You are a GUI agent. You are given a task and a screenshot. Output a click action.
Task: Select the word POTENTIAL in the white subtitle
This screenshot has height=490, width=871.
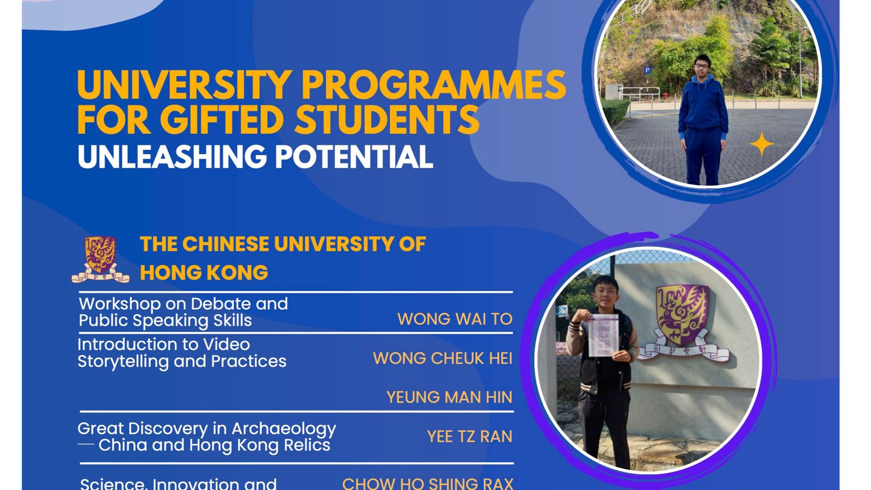pyautogui.click(x=353, y=157)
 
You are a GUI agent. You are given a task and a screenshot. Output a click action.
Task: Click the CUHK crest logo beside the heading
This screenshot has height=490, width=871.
pyautogui.click(x=101, y=259)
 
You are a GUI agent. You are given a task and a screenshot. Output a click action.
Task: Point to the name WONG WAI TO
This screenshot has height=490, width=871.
pyautogui.click(x=455, y=319)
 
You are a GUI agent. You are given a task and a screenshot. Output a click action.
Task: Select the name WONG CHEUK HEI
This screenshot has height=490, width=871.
pyautogui.click(x=443, y=358)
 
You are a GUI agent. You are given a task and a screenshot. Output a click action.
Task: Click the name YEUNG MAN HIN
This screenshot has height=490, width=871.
pyautogui.click(x=449, y=397)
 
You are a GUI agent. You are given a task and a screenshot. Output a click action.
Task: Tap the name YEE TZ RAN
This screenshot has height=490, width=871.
pyautogui.click(x=469, y=437)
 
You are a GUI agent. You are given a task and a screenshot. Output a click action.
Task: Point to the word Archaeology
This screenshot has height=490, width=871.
pyautogui.click(x=284, y=429)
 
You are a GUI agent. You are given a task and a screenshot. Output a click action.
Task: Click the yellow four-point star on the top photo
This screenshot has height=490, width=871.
pyautogui.click(x=762, y=144)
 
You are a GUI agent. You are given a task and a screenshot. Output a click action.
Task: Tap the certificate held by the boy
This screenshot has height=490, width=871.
pyautogui.click(x=604, y=335)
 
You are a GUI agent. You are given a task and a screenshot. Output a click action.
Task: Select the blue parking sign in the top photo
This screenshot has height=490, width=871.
pyautogui.click(x=647, y=70)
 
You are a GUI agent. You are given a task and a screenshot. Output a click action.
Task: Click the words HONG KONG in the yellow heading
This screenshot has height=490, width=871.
pyautogui.click(x=204, y=273)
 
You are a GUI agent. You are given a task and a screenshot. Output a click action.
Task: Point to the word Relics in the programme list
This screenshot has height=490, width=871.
pyautogui.click(x=306, y=445)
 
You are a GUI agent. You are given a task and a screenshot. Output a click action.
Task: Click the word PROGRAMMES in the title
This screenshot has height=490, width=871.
pyautogui.click(x=433, y=85)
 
